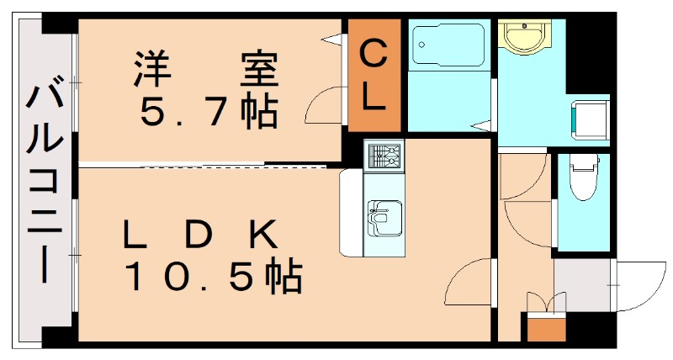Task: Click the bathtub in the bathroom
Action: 448,45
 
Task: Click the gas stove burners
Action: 384,156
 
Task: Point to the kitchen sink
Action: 385,218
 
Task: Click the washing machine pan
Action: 591,120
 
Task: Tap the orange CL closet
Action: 374,75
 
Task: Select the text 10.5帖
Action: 214,277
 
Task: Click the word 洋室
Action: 206,69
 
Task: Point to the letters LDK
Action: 200,235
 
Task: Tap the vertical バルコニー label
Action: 45,179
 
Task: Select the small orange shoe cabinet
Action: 546,329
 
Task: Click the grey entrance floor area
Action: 582,284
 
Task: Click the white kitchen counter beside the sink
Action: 352,214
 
